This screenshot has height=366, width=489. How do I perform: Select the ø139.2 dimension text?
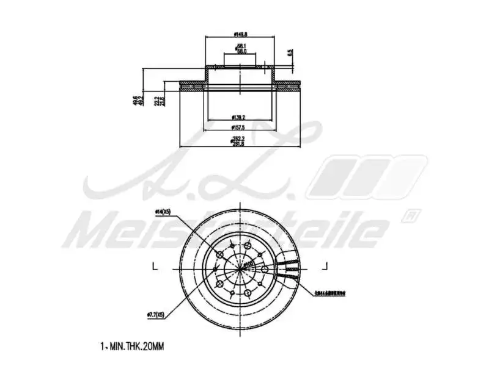(238, 117)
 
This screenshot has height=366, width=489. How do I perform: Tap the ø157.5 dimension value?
(238, 127)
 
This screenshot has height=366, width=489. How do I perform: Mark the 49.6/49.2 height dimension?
(137, 100)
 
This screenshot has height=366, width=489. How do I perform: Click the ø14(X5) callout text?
(162, 212)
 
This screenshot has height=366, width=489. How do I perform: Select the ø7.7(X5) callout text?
(156, 315)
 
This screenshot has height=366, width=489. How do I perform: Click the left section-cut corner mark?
(154, 266)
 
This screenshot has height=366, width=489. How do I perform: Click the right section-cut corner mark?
(326, 266)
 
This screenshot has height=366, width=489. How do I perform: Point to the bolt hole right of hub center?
(265, 269)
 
